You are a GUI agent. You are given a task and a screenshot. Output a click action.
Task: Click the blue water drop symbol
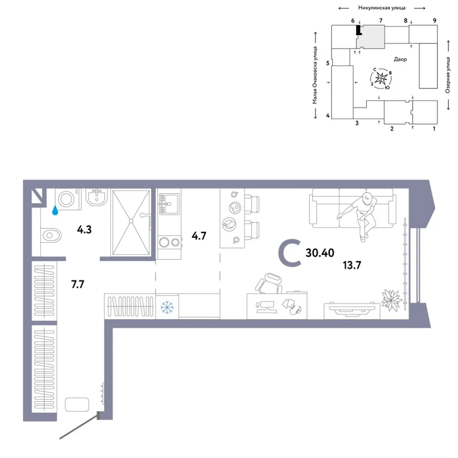(55, 210)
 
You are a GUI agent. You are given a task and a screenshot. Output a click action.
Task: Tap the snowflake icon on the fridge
(167, 307)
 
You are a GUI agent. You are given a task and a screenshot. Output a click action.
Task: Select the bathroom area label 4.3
(84, 229)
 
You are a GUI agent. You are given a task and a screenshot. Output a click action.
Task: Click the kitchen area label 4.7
(199, 236)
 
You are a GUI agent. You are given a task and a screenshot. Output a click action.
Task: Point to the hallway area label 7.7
(78, 284)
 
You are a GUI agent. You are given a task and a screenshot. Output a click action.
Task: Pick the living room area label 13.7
(352, 265)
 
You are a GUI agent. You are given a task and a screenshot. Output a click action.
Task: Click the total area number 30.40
(320, 253)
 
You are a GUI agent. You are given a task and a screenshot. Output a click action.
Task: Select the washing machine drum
(67, 199)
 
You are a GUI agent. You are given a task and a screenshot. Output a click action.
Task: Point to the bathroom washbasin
(97, 197)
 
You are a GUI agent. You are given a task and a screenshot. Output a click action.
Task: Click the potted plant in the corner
(391, 300)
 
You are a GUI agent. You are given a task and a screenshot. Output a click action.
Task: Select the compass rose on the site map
(381, 78)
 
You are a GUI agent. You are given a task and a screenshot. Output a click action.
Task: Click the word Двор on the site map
(400, 59)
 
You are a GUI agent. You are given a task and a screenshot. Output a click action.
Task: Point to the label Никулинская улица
(382, 8)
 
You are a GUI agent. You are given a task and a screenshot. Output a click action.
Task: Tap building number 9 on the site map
(435, 21)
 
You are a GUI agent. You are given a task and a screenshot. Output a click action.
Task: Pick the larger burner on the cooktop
(164, 242)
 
